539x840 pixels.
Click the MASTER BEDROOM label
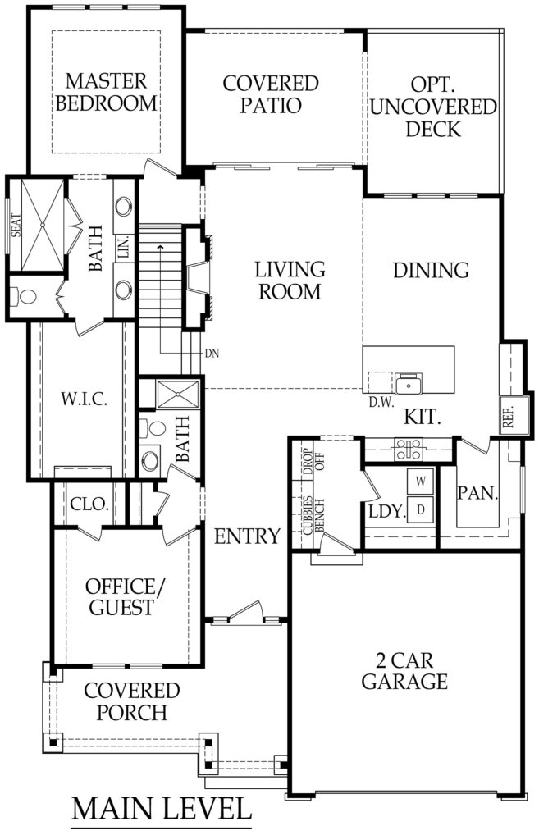tap(107, 93)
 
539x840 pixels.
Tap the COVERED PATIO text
tap(271, 94)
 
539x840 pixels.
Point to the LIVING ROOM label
tap(290, 280)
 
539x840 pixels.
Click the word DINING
tap(430, 270)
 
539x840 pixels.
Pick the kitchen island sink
tap(407, 384)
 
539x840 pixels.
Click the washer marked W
tap(420, 480)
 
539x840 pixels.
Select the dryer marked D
tap(420, 509)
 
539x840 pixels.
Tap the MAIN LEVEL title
tap(162, 807)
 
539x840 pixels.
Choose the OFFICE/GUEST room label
tap(121, 597)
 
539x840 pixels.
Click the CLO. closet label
tap(90, 504)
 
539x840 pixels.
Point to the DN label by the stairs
tap(211, 354)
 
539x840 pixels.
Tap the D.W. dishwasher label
tap(381, 403)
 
